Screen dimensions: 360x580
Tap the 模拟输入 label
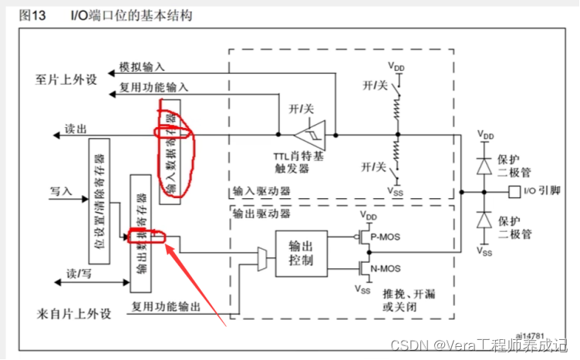pyautogui.click(x=142, y=67)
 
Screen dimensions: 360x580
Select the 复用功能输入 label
pyautogui.click(x=153, y=87)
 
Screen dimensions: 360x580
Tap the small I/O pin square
pyautogui.click(x=514, y=190)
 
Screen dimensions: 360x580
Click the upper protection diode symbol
pyautogui.click(x=484, y=163)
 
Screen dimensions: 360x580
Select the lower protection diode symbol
pyautogui.click(x=484, y=220)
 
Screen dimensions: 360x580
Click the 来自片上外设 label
pyautogui.click(x=74, y=314)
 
